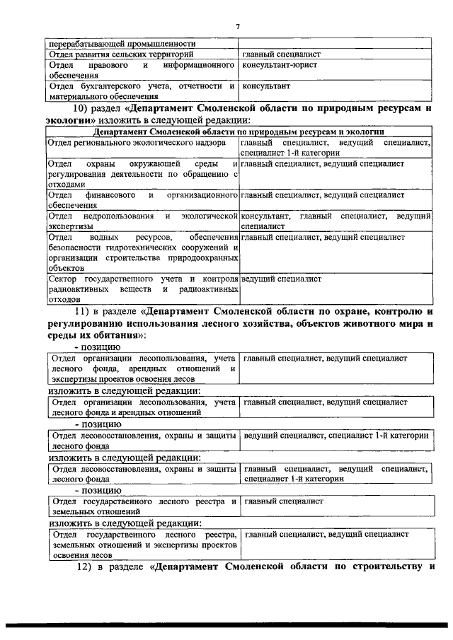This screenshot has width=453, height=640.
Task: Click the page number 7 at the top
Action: [238, 26]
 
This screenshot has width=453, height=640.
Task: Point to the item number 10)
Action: [84, 109]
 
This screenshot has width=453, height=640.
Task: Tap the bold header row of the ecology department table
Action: [238, 132]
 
